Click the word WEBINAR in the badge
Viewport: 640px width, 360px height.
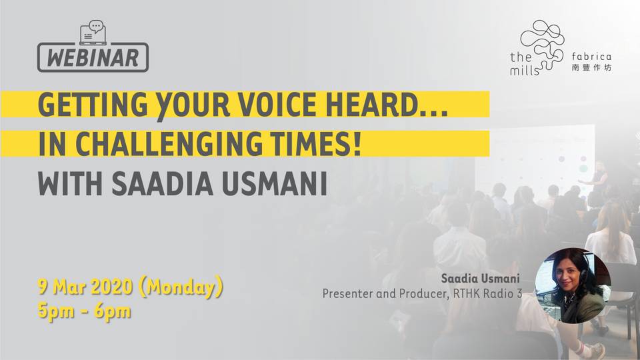(x=93, y=58)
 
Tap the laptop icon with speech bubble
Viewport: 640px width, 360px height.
(x=93, y=32)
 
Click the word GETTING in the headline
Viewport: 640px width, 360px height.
(x=93, y=105)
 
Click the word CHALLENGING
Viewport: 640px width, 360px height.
(x=169, y=144)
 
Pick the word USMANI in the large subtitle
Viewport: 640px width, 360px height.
(x=275, y=185)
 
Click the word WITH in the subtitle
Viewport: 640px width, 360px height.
(x=70, y=185)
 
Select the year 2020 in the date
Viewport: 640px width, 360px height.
(x=111, y=287)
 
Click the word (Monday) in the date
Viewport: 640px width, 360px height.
(x=181, y=287)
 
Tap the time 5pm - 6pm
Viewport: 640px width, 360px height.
(x=85, y=312)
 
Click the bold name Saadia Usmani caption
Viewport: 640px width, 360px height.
(x=480, y=279)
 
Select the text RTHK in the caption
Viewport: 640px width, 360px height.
(x=463, y=293)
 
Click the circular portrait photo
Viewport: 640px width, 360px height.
(x=573, y=286)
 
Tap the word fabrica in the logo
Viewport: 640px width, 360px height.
(x=591, y=56)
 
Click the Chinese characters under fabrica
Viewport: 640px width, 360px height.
(x=591, y=68)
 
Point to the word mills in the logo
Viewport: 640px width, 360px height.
(x=525, y=71)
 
